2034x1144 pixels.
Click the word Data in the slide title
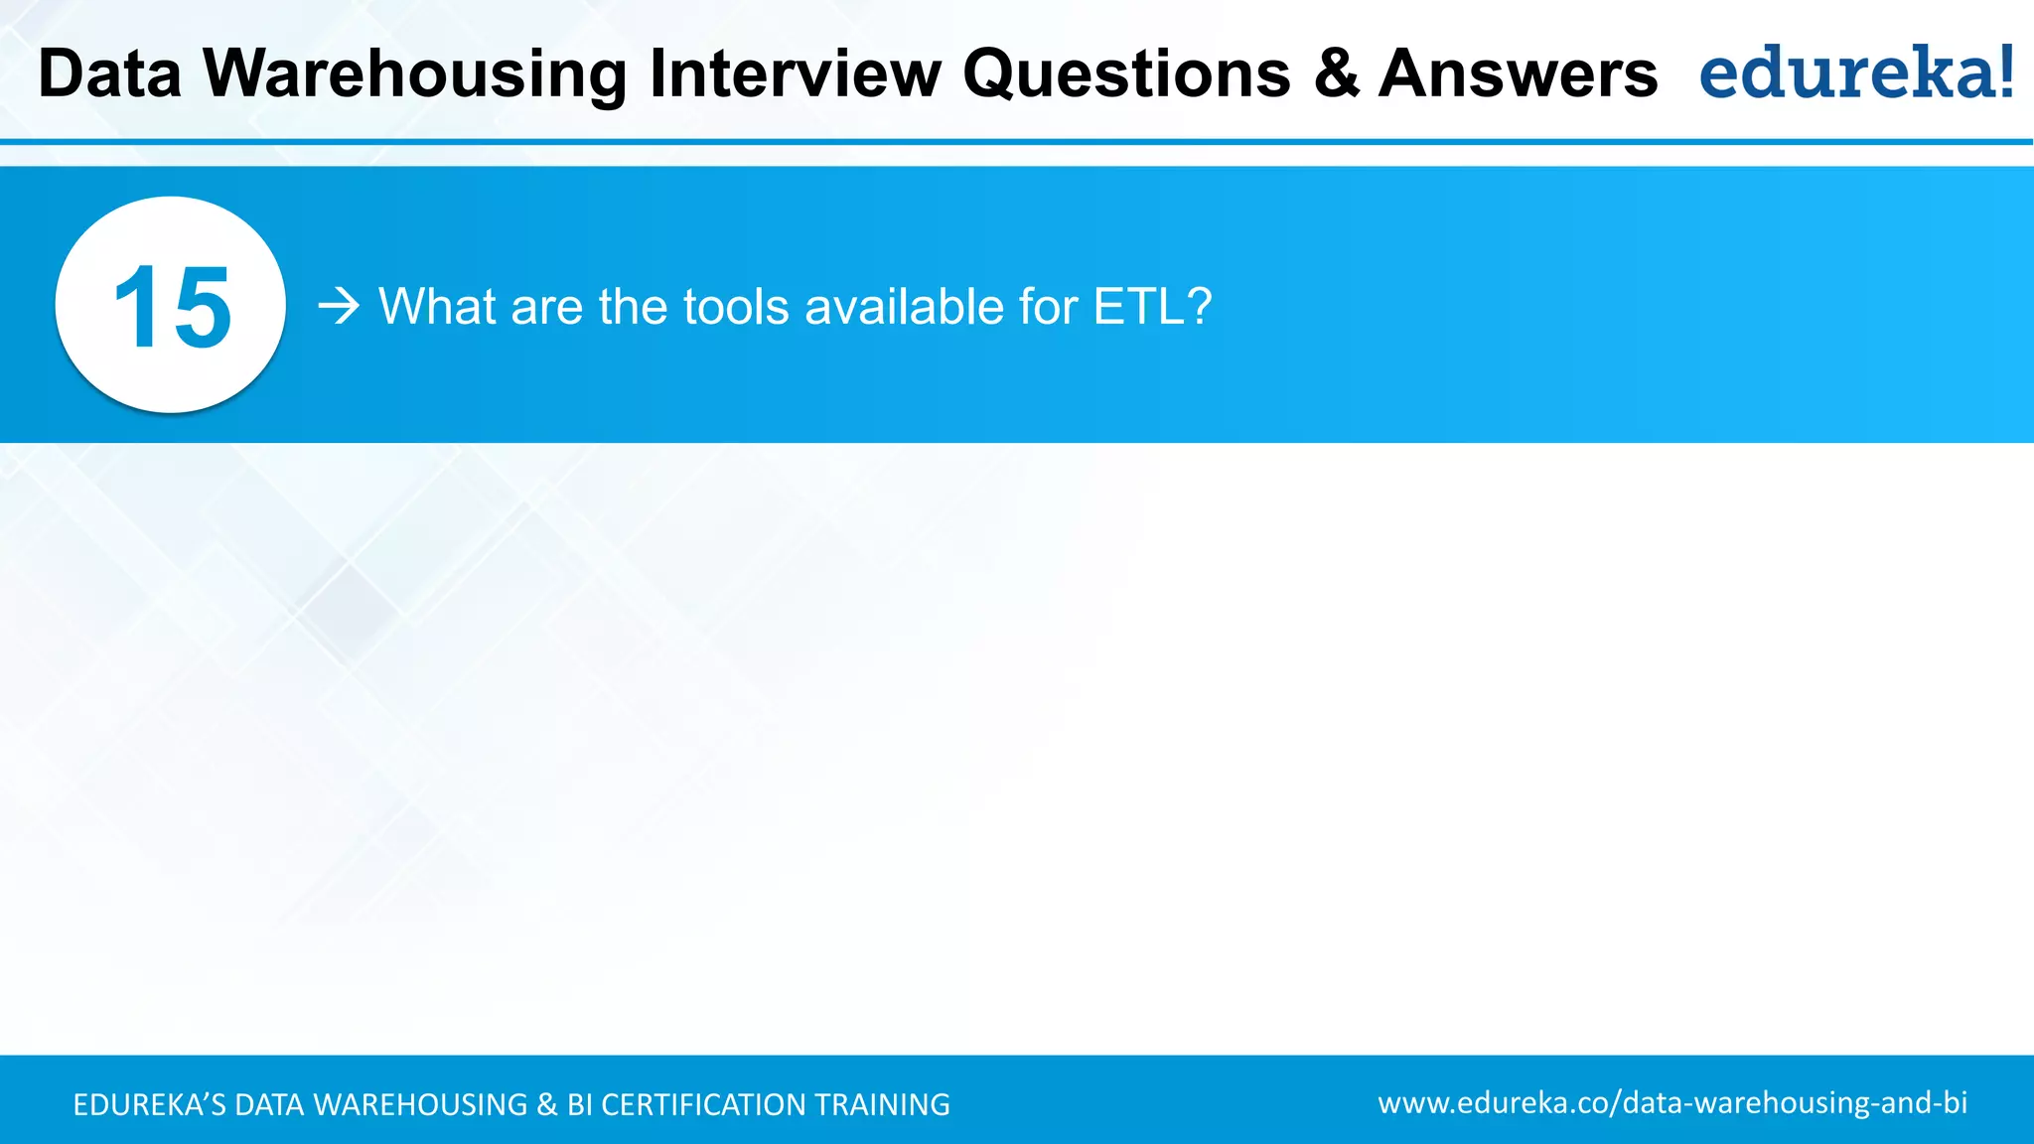[x=109, y=74]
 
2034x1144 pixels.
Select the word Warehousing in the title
[x=415, y=74]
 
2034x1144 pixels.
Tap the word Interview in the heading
[x=795, y=74]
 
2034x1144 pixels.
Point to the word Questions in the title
[x=1126, y=74]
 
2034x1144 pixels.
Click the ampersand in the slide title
[x=1336, y=74]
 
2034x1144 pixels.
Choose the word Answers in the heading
[x=1518, y=74]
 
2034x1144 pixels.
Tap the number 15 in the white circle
[x=172, y=307]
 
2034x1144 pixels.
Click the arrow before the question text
[x=339, y=306]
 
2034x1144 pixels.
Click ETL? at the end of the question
[x=1152, y=306]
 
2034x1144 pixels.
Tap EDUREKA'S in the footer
[x=149, y=1104]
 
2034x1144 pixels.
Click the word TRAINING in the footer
[x=882, y=1104]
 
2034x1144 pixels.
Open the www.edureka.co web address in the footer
[x=1672, y=1102]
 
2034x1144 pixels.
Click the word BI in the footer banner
[x=579, y=1104]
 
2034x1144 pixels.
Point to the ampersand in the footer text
[x=546, y=1104]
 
